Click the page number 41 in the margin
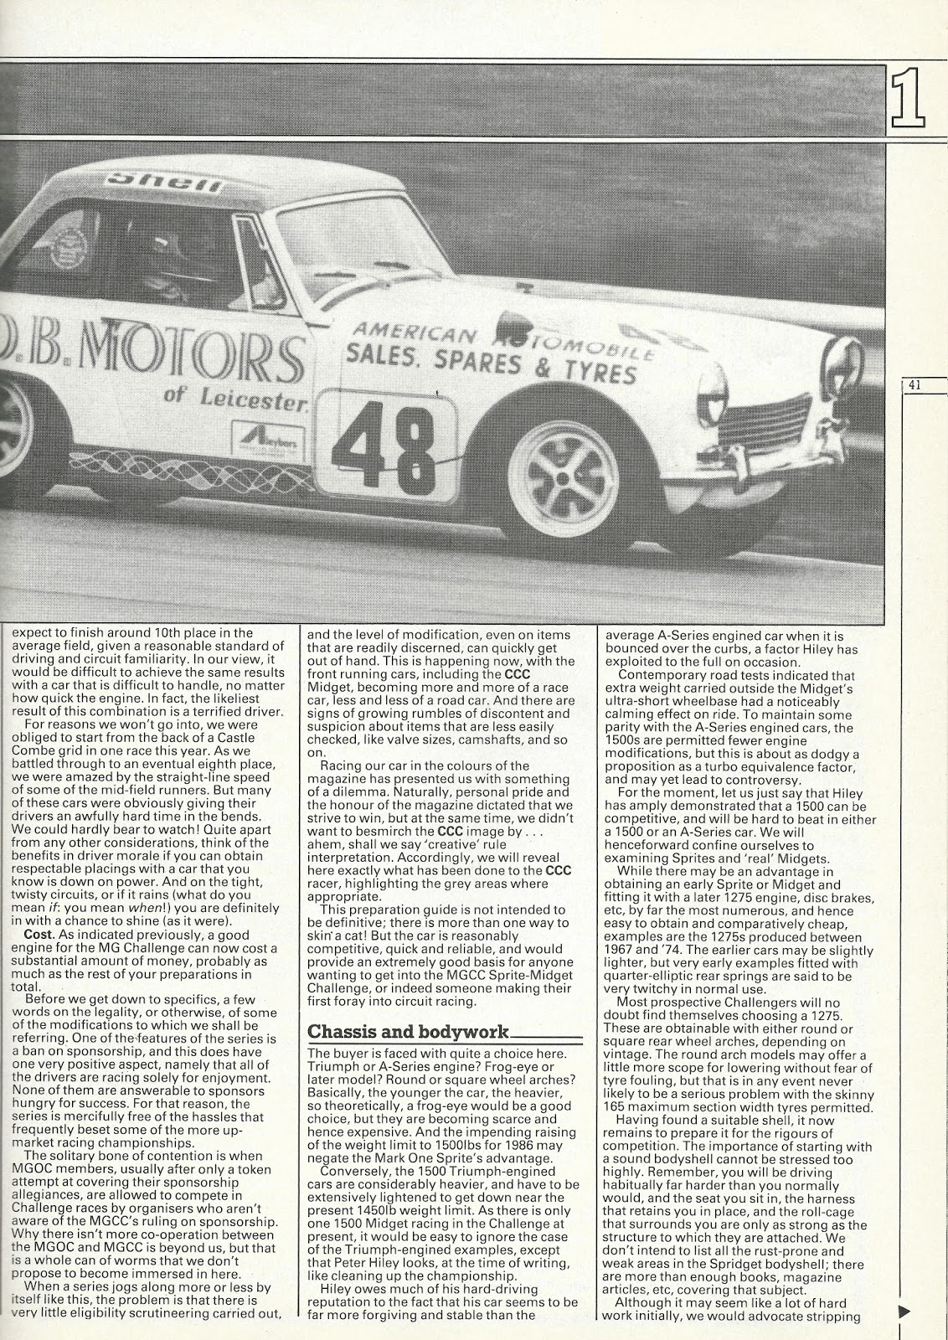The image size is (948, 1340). [x=915, y=386]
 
